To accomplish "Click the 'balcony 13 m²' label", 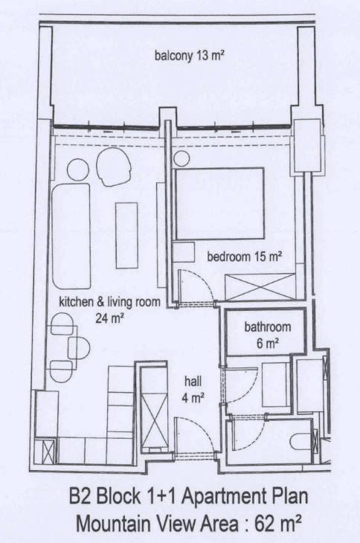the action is coord(190,56).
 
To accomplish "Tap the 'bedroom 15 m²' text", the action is coord(244,257).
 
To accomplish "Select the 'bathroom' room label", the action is coord(268,327).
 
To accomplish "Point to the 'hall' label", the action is coord(193,382).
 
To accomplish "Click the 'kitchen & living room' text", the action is coord(110,302).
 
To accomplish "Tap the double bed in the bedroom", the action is coord(220,204).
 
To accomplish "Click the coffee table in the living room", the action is coord(126,236).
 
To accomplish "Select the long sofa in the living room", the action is coord(71,237).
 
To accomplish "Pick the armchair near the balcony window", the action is coord(114,169).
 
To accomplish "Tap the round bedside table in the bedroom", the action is coord(181,159).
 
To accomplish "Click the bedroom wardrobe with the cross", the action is coord(260,287).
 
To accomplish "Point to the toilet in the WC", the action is coord(300,443).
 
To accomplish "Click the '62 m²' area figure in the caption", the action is coord(277,524).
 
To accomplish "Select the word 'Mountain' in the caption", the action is coord(113,524).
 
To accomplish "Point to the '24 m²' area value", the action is coord(110,318).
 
